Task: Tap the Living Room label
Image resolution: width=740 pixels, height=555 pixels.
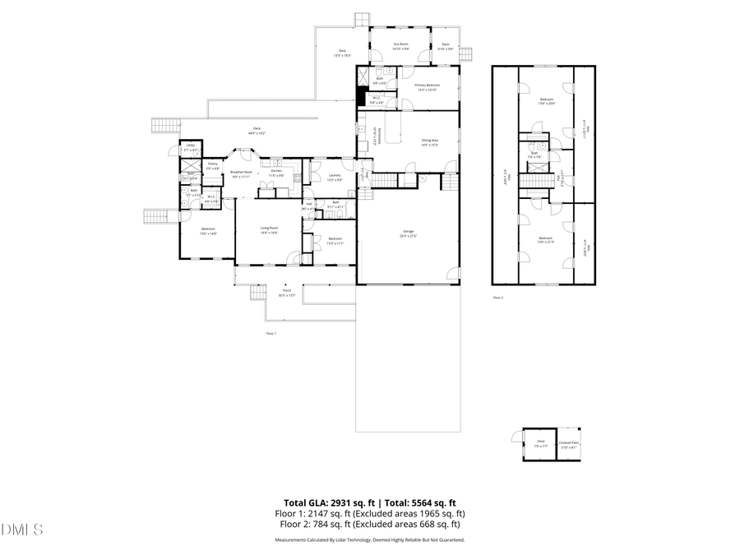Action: [x=269, y=229]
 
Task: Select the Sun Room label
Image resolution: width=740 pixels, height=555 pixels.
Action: [x=400, y=46]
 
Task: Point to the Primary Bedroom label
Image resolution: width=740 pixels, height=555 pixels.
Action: [x=427, y=86]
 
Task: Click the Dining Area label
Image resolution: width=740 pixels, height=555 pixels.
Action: [x=429, y=142]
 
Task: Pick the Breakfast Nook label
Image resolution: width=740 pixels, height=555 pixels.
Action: [x=241, y=173]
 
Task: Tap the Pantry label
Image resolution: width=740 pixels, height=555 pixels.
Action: [x=212, y=165]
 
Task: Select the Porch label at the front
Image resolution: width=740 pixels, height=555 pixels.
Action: [x=287, y=292]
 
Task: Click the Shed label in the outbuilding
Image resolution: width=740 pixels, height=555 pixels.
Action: [x=541, y=442]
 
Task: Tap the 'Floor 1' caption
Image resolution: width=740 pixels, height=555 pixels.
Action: [x=271, y=333]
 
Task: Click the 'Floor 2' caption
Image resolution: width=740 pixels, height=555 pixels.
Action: [x=497, y=297]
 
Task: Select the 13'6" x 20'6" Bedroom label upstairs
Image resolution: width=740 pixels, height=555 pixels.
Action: [x=546, y=101]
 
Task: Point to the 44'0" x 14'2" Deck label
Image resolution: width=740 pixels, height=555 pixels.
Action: [x=257, y=131]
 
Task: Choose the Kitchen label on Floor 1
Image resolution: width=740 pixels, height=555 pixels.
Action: [x=277, y=173]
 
